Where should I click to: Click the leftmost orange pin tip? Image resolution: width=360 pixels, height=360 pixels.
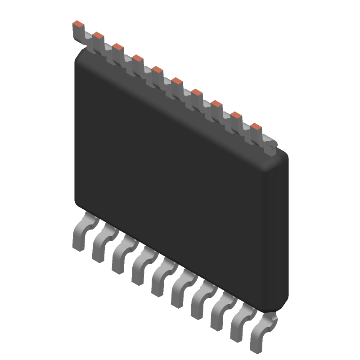pos(78,23)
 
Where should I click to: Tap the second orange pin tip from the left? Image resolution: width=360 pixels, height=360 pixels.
pos(98,35)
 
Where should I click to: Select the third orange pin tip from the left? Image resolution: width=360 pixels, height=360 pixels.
pos(118,46)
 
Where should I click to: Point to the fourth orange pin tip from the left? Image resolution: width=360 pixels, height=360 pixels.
pos(138,58)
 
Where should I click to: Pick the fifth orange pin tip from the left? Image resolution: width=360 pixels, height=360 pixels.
pos(157,69)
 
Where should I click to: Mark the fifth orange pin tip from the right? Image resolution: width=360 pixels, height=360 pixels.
pos(177,81)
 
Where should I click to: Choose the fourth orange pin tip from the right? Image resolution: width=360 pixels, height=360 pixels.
pos(197,92)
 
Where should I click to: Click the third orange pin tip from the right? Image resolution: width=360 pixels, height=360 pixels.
pos(216,104)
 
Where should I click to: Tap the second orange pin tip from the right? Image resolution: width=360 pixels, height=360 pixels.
pos(236,115)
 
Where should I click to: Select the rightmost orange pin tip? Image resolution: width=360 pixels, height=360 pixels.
pos(256,126)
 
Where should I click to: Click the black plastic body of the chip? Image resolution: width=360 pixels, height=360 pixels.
pos(180,180)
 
